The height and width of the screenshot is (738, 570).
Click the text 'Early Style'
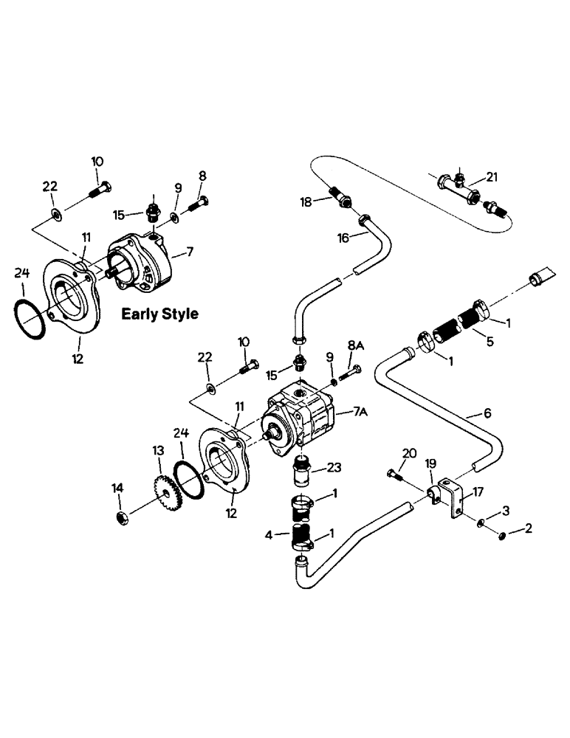click(159, 314)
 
